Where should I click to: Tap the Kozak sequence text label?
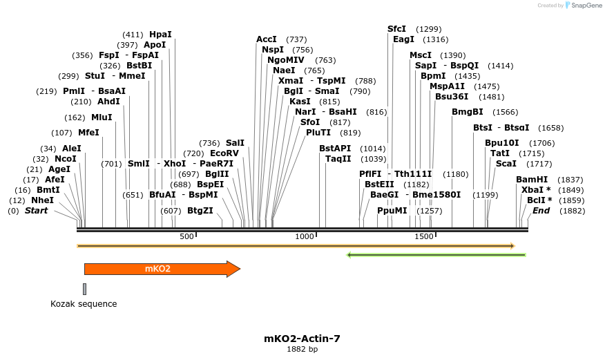[x=84, y=304]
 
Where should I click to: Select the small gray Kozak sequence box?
[x=85, y=289]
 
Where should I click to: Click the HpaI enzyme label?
[x=160, y=34]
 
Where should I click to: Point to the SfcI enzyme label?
[x=396, y=28]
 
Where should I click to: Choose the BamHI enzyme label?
[x=532, y=179]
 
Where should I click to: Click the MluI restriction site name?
[x=102, y=117]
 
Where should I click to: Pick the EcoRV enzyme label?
[x=224, y=153]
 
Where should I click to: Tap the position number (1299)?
[x=429, y=29]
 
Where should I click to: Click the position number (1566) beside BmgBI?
[x=505, y=112]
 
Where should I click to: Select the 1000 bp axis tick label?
[x=305, y=236]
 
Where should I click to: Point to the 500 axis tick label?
[x=186, y=236]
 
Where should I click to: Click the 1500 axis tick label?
[x=424, y=236]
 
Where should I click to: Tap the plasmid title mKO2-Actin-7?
[x=302, y=339]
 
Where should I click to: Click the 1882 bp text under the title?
[x=302, y=350]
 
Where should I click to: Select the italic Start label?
[x=36, y=210]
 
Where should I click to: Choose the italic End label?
[x=541, y=210]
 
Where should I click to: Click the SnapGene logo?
[x=584, y=6]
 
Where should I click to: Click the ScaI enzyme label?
[x=506, y=164]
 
